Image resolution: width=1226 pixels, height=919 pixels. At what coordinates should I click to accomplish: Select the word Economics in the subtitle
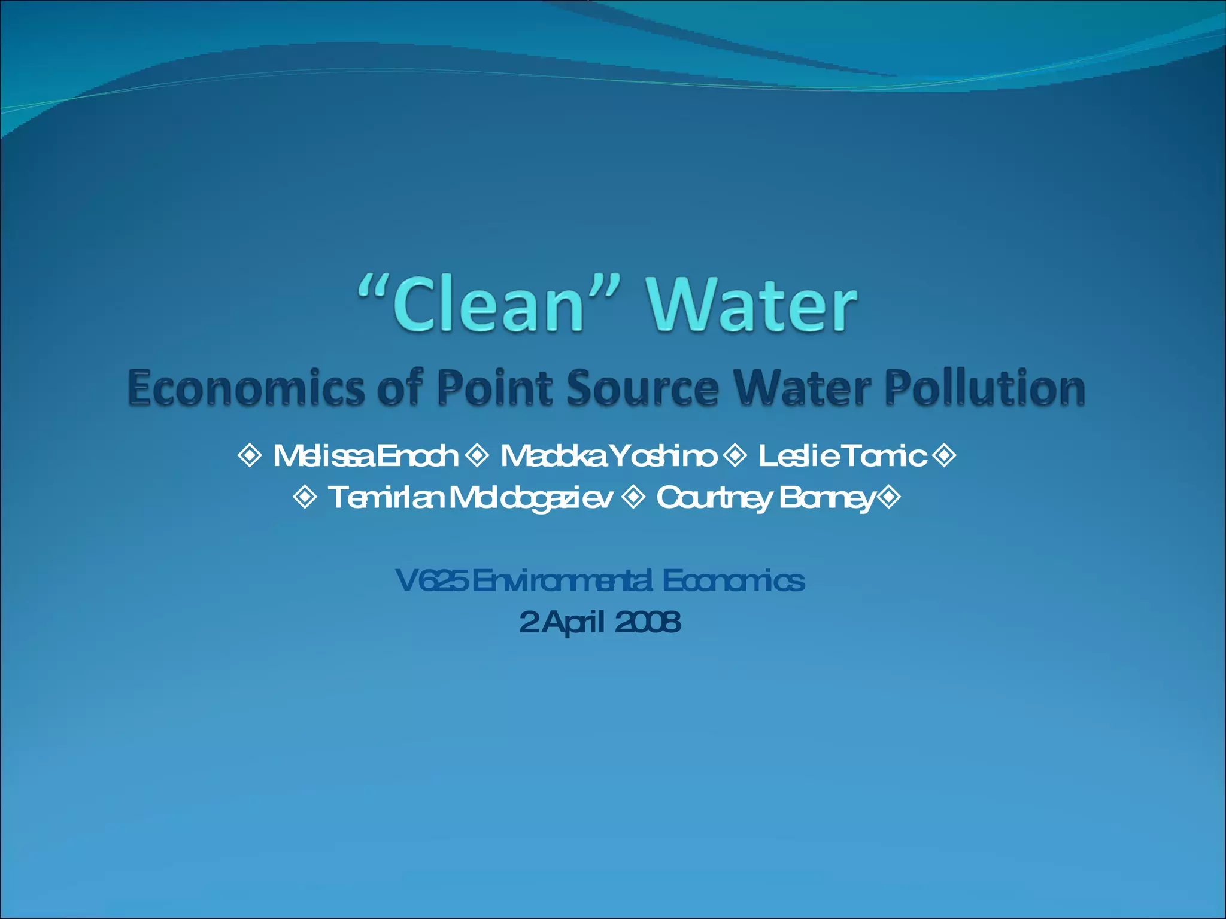coord(245,388)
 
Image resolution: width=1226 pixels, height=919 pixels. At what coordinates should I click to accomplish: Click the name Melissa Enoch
coord(365,456)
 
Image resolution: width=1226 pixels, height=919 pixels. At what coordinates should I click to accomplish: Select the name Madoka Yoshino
coord(608,456)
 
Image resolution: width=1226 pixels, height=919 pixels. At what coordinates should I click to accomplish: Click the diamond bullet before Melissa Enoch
coord(250,455)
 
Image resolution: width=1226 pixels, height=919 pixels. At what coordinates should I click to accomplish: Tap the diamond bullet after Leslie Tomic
coord(945,455)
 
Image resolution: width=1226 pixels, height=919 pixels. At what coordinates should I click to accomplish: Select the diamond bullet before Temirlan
coord(305,497)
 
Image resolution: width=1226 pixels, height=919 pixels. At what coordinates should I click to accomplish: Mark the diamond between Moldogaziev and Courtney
coord(633,497)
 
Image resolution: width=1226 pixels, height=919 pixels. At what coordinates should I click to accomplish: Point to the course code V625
coord(432,580)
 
